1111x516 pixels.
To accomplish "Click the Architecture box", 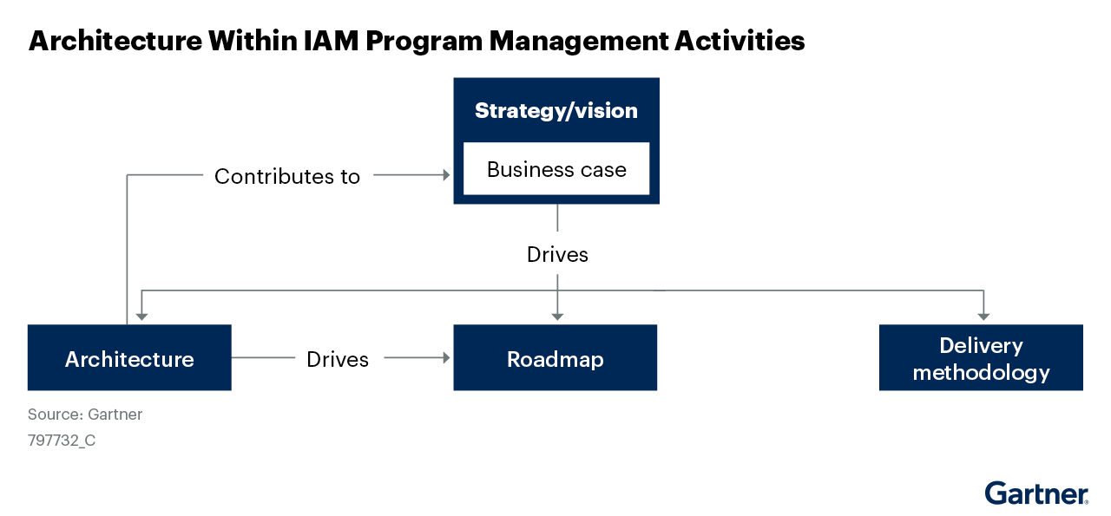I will pyautogui.click(x=129, y=358).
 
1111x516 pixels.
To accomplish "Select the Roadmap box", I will pyautogui.click(x=555, y=358).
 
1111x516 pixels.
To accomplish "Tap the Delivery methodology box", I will pyautogui.click(x=981, y=358).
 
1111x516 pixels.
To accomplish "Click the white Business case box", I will pyautogui.click(x=556, y=169).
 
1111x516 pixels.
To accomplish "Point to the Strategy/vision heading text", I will pyautogui.click(x=556, y=111).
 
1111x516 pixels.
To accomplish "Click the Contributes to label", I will pyautogui.click(x=287, y=176).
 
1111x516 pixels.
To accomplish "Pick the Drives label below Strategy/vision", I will pyautogui.click(x=557, y=254).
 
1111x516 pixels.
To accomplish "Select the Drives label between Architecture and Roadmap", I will pyautogui.click(x=338, y=358).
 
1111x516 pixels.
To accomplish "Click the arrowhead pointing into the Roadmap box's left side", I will pyautogui.click(x=446, y=357).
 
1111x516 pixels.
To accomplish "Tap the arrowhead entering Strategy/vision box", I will pyautogui.click(x=446, y=175).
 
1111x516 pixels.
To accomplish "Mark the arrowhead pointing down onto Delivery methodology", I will pyautogui.click(x=983, y=316).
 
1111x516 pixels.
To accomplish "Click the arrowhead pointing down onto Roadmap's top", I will pyautogui.click(x=557, y=316).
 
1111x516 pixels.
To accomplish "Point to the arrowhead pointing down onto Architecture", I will pyautogui.click(x=141, y=316).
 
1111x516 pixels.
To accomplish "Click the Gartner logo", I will pyautogui.click(x=1036, y=493).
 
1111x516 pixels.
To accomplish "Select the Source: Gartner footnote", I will pyautogui.click(x=85, y=415).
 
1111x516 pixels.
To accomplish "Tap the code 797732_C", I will pyautogui.click(x=62, y=441).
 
